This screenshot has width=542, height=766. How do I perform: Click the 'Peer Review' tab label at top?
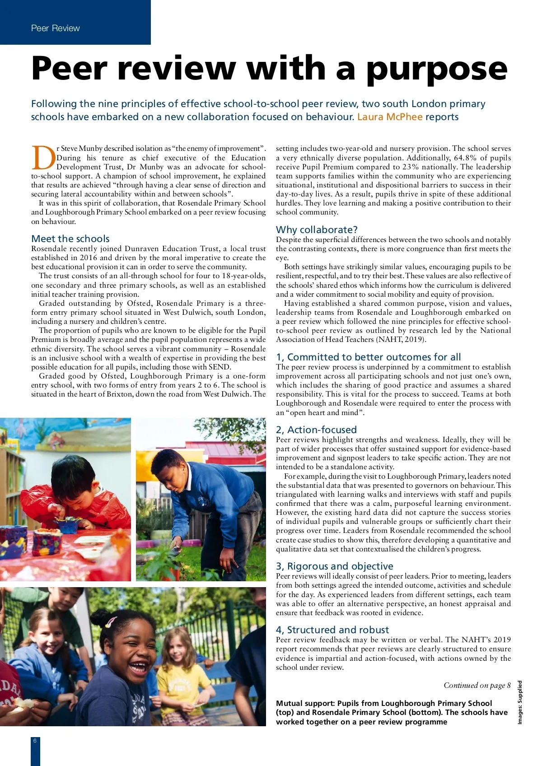(55, 28)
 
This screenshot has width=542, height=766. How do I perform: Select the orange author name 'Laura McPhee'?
(390, 117)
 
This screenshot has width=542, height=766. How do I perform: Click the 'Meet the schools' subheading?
(70, 239)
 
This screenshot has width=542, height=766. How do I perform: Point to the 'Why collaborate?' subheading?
(317, 229)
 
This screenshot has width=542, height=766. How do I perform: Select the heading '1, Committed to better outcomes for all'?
(368, 357)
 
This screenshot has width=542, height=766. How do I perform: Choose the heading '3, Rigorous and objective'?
(334, 566)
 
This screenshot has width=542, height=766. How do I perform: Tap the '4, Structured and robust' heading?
(332, 630)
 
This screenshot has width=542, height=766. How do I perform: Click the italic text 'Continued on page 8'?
(477, 685)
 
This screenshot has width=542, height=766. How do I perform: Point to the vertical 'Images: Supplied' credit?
(520, 702)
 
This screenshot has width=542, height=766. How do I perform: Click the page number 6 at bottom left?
(35, 740)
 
